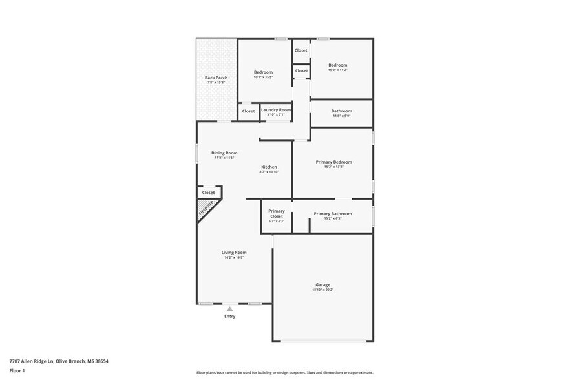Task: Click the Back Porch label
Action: pos(216,78)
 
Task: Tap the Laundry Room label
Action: pos(276,110)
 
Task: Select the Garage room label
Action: pos(322,284)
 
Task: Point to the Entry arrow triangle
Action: pos(229,310)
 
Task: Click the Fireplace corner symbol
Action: pos(206,210)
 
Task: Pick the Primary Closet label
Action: pos(277,214)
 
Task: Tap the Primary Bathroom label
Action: pos(333,213)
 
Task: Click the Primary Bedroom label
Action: pos(333,162)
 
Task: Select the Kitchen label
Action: pos(269,167)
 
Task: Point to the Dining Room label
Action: pos(224,153)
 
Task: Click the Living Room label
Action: pos(234,252)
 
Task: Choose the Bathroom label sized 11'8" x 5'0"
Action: pos(342,111)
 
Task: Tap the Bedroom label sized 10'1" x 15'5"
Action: pos(263,72)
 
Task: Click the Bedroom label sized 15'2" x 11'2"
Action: pos(337,65)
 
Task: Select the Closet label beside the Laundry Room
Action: pos(248,111)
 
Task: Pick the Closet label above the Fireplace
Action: pos(208,192)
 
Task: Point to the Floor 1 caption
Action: pos(17,370)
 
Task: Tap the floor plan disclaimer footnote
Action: pos(284,372)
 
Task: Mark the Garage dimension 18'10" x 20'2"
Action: pos(322,290)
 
